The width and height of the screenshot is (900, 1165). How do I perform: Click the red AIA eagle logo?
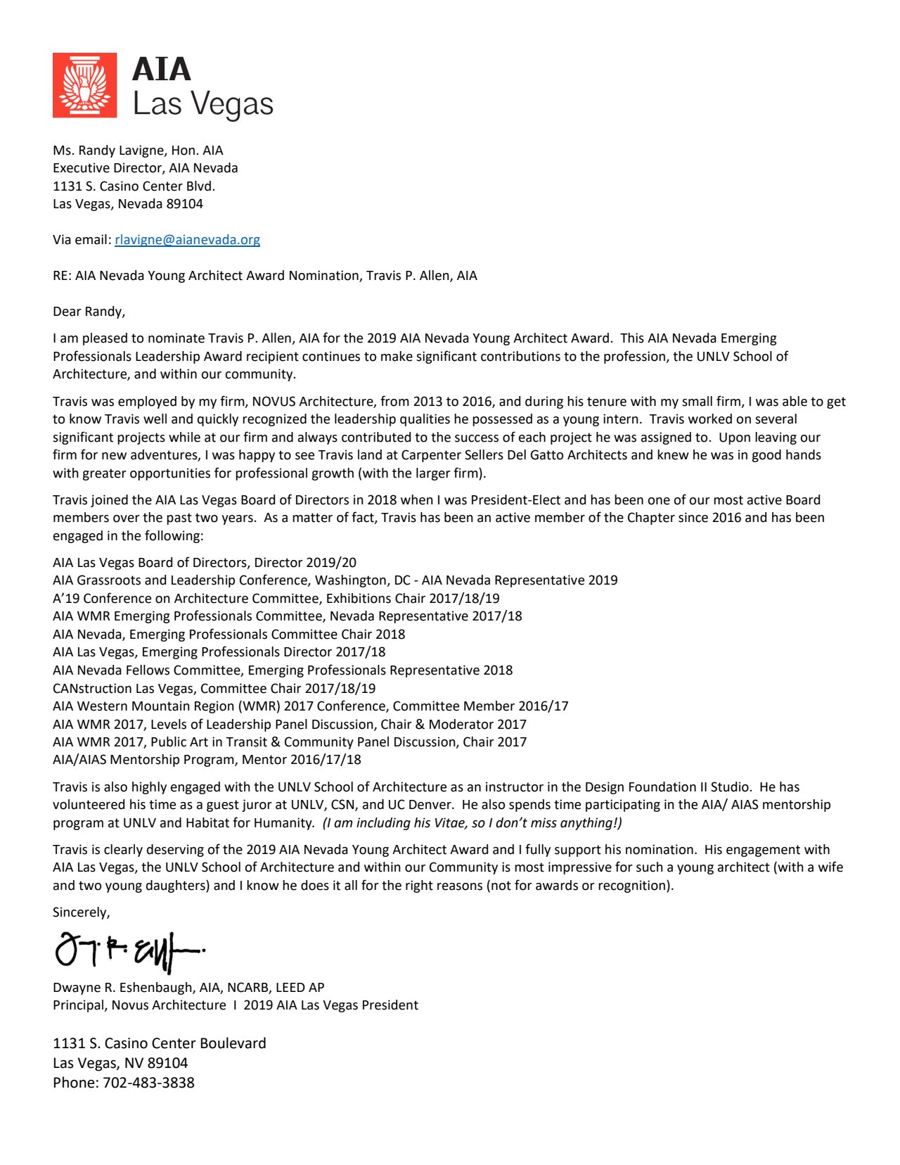point(84,84)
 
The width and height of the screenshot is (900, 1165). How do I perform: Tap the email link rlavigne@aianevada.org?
point(187,240)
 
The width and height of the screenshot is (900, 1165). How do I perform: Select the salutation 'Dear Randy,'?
point(89,312)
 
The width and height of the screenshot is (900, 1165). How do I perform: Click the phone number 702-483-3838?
point(148,1083)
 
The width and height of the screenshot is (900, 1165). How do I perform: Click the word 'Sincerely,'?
point(81,912)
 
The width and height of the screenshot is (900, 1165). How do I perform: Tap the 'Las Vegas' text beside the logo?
point(202,104)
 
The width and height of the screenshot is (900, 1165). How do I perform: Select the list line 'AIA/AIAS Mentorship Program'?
point(207,760)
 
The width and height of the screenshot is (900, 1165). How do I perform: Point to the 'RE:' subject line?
point(264,276)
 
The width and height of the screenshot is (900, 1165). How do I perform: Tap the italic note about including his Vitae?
point(472,823)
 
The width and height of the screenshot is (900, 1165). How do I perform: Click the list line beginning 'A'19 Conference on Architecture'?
point(276,599)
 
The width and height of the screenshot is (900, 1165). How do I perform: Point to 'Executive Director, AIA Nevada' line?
point(145,168)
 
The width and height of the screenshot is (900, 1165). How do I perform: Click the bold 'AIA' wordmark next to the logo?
point(162,70)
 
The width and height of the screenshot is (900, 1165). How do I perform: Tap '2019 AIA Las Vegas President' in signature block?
point(330,1005)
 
